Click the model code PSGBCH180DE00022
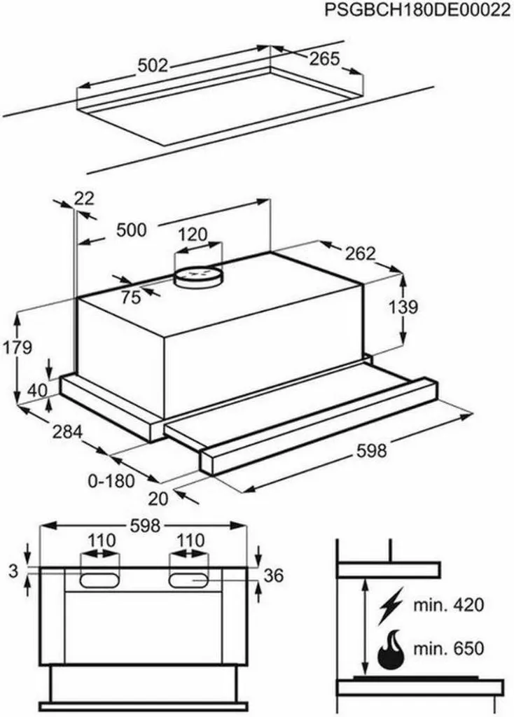click(417, 10)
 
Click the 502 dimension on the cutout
click(153, 66)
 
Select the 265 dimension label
click(325, 59)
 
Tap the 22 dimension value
click(84, 198)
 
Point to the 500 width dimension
click(132, 230)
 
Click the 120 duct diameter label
click(193, 235)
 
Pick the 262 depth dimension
click(361, 253)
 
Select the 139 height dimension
click(403, 307)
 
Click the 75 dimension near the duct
click(131, 297)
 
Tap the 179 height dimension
click(18, 347)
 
